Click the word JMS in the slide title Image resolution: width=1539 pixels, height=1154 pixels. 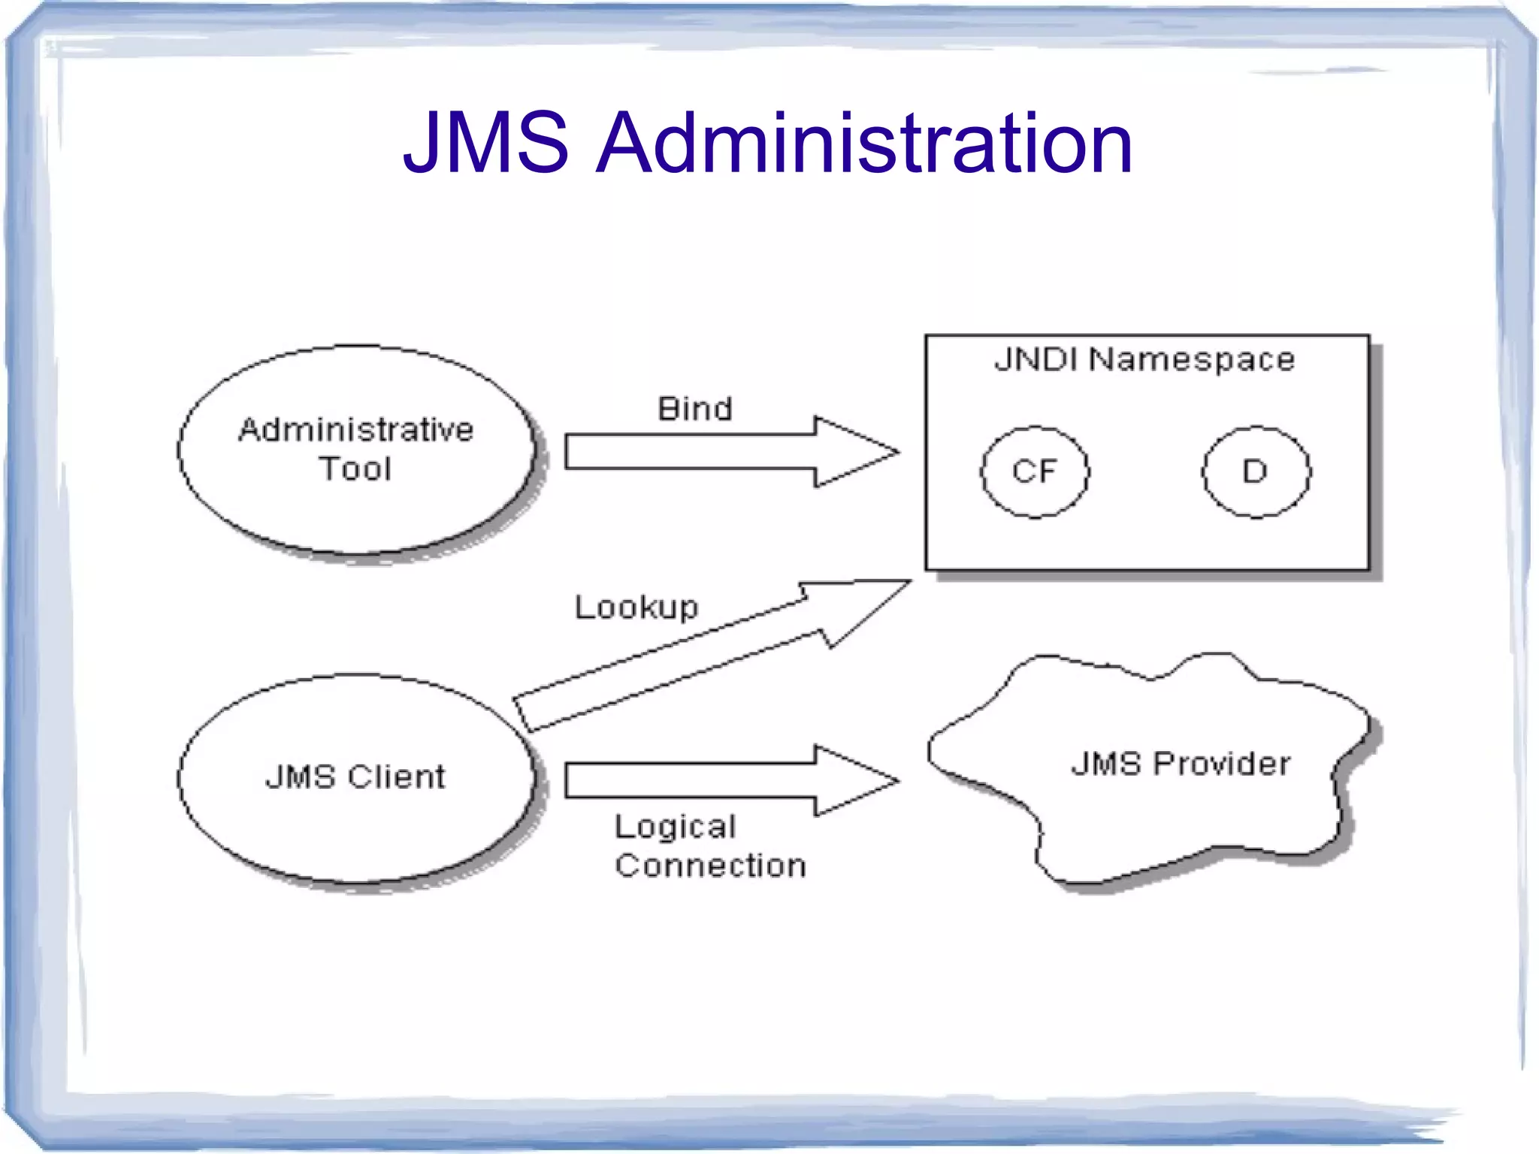coord(486,143)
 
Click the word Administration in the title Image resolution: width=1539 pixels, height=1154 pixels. coord(863,143)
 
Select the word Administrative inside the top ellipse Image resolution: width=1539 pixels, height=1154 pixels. coord(356,430)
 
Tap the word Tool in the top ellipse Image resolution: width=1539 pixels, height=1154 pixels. coord(355,469)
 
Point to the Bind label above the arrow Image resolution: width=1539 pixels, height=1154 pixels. coord(694,409)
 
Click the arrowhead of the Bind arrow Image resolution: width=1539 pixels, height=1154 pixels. coord(857,452)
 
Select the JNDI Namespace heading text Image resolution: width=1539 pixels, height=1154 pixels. coord(1144,359)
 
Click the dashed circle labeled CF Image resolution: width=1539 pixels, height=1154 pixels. coord(1035,471)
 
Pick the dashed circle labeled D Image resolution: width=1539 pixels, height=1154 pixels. coord(1256,471)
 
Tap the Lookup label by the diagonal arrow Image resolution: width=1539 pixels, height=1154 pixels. coord(636,607)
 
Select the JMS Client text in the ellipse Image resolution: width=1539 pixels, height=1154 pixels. coord(355,777)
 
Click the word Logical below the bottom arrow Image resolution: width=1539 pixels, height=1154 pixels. coord(675,828)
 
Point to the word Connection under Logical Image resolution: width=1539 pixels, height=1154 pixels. coord(710,865)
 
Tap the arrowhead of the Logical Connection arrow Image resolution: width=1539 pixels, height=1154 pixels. coord(857,781)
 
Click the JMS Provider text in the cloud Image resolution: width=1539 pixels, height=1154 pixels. coord(1181,764)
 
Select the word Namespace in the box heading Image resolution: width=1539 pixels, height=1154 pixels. coord(1192,359)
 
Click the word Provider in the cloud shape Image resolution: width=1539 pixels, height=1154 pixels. coord(1222,764)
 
